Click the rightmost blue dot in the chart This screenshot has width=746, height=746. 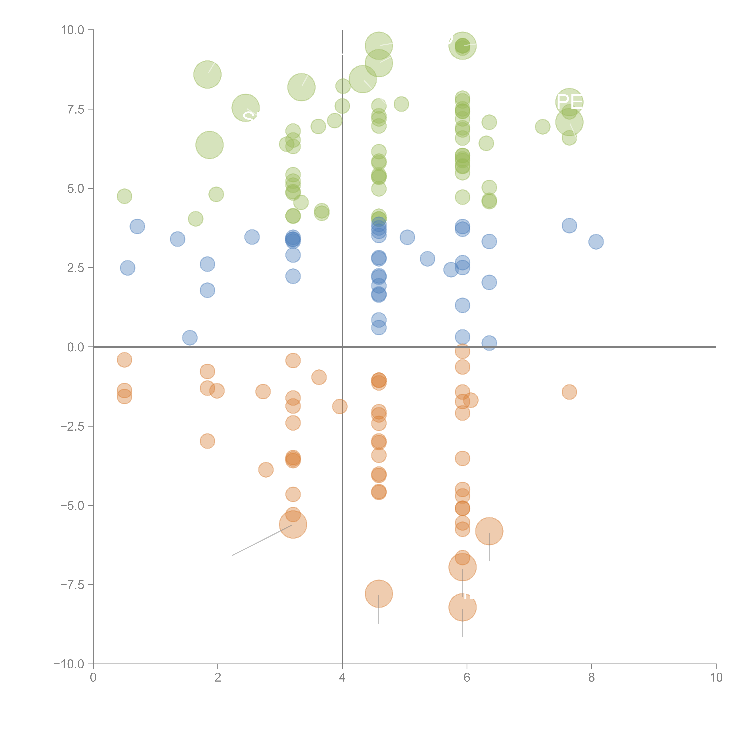tap(596, 242)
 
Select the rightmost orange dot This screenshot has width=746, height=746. tap(569, 392)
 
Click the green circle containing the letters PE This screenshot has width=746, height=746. tap(569, 102)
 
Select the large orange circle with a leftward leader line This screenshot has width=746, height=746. tap(293, 524)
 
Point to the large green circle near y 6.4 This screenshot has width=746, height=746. tap(209, 145)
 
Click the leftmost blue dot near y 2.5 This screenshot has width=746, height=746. tap(127, 268)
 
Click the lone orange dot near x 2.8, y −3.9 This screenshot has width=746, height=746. tap(266, 470)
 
